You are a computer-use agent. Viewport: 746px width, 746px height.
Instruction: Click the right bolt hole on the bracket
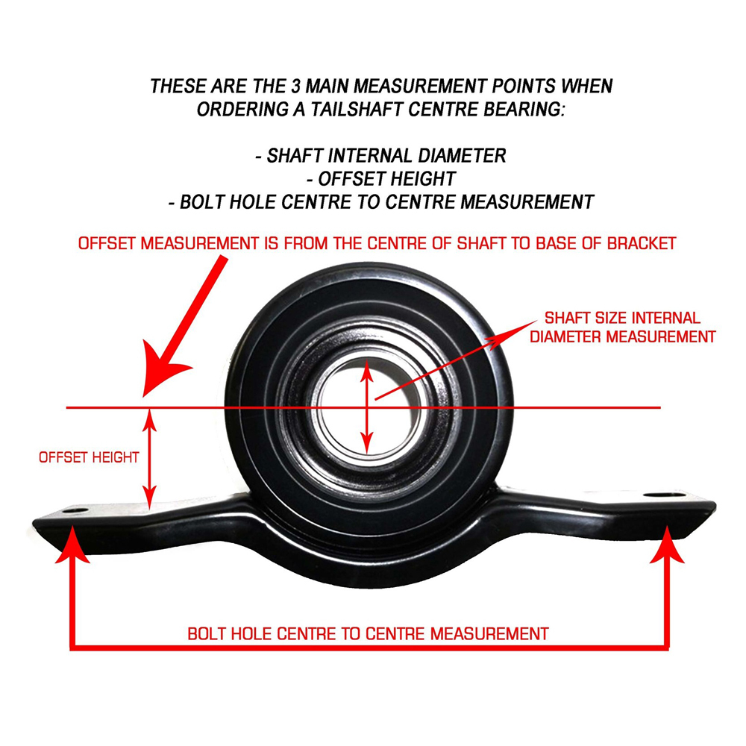tap(658, 495)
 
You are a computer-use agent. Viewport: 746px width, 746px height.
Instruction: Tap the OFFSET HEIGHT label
tap(89, 457)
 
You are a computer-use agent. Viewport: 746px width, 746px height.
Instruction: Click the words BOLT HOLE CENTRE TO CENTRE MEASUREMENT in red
tap(368, 634)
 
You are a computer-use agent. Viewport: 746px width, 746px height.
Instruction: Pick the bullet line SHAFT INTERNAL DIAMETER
tap(380, 156)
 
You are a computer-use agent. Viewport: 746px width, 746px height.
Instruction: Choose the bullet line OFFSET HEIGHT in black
tap(380, 179)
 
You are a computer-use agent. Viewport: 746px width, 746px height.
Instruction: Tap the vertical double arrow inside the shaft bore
tap(366, 407)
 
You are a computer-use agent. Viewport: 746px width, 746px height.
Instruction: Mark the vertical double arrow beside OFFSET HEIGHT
tap(151, 457)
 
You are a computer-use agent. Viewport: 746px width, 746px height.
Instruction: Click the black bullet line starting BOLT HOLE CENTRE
tap(380, 202)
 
